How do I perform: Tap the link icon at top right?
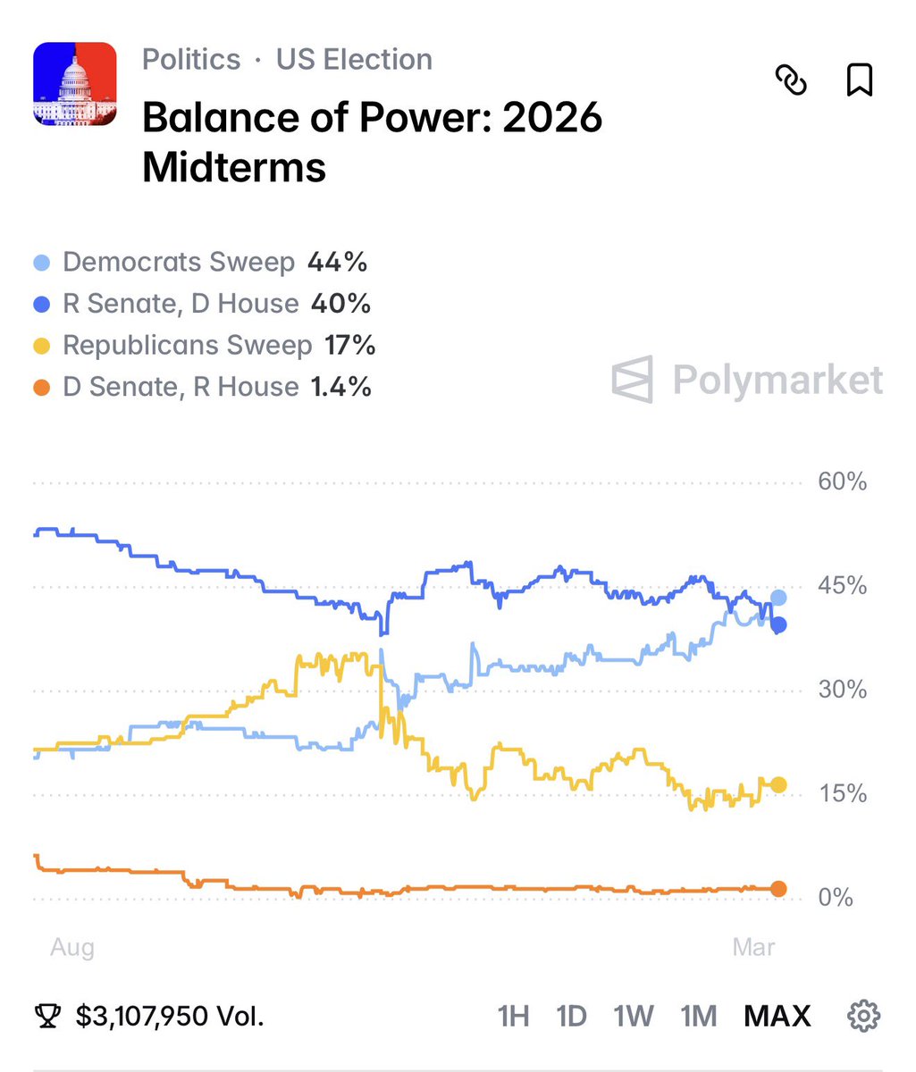[x=790, y=81]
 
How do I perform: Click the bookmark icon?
[x=859, y=80]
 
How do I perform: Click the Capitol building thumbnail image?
[x=75, y=84]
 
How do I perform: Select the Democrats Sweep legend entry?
[x=178, y=263]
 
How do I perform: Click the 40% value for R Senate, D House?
[x=340, y=304]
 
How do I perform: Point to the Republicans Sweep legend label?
[x=187, y=346]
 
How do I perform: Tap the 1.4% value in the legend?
[x=340, y=387]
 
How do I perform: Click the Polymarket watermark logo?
[x=747, y=380]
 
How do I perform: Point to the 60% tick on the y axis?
[x=842, y=482]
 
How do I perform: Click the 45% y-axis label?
[x=842, y=586]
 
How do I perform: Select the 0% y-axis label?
[x=836, y=898]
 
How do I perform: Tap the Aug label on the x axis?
[x=71, y=947]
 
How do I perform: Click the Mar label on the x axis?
[x=753, y=947]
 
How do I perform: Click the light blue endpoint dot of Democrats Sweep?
[x=778, y=598]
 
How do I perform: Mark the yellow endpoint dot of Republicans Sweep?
[x=778, y=784]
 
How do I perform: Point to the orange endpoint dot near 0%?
[x=778, y=889]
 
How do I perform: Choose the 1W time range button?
[x=633, y=1016]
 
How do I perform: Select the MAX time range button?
[x=777, y=1016]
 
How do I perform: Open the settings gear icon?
[x=863, y=1016]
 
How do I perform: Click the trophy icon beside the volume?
[x=48, y=1016]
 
